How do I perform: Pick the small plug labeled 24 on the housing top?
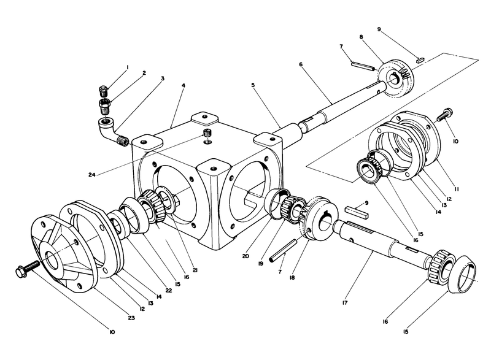[207, 134]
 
